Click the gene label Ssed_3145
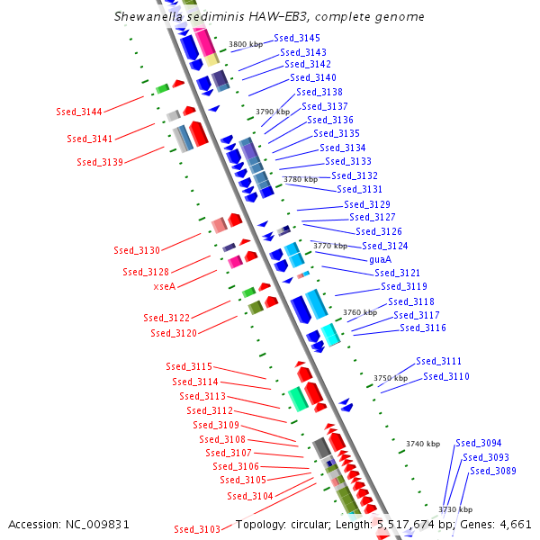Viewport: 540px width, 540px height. pyautogui.click(x=297, y=38)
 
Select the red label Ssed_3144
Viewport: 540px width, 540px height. pyautogui.click(x=78, y=112)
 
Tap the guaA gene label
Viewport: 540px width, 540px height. pyautogui.click(x=380, y=259)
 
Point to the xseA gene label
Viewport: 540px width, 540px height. pyautogui.click(x=165, y=286)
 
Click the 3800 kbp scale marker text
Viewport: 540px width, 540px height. pyautogui.click(x=246, y=44)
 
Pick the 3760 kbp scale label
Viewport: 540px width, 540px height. pyautogui.click(x=359, y=312)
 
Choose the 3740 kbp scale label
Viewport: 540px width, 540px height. pyautogui.click(x=422, y=444)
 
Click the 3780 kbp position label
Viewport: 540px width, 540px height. pyautogui.click(x=300, y=180)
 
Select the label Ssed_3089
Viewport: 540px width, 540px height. pyautogui.click(x=493, y=471)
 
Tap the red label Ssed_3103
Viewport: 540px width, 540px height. pyautogui.click(x=197, y=528)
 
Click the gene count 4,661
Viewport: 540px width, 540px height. pyautogui.click(x=515, y=524)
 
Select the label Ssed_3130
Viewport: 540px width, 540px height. pyautogui.click(x=136, y=250)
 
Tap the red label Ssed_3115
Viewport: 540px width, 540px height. pyautogui.click(x=189, y=366)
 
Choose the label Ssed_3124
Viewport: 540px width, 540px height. pyautogui.click(x=385, y=246)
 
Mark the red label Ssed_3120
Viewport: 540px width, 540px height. pyautogui.click(x=174, y=333)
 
